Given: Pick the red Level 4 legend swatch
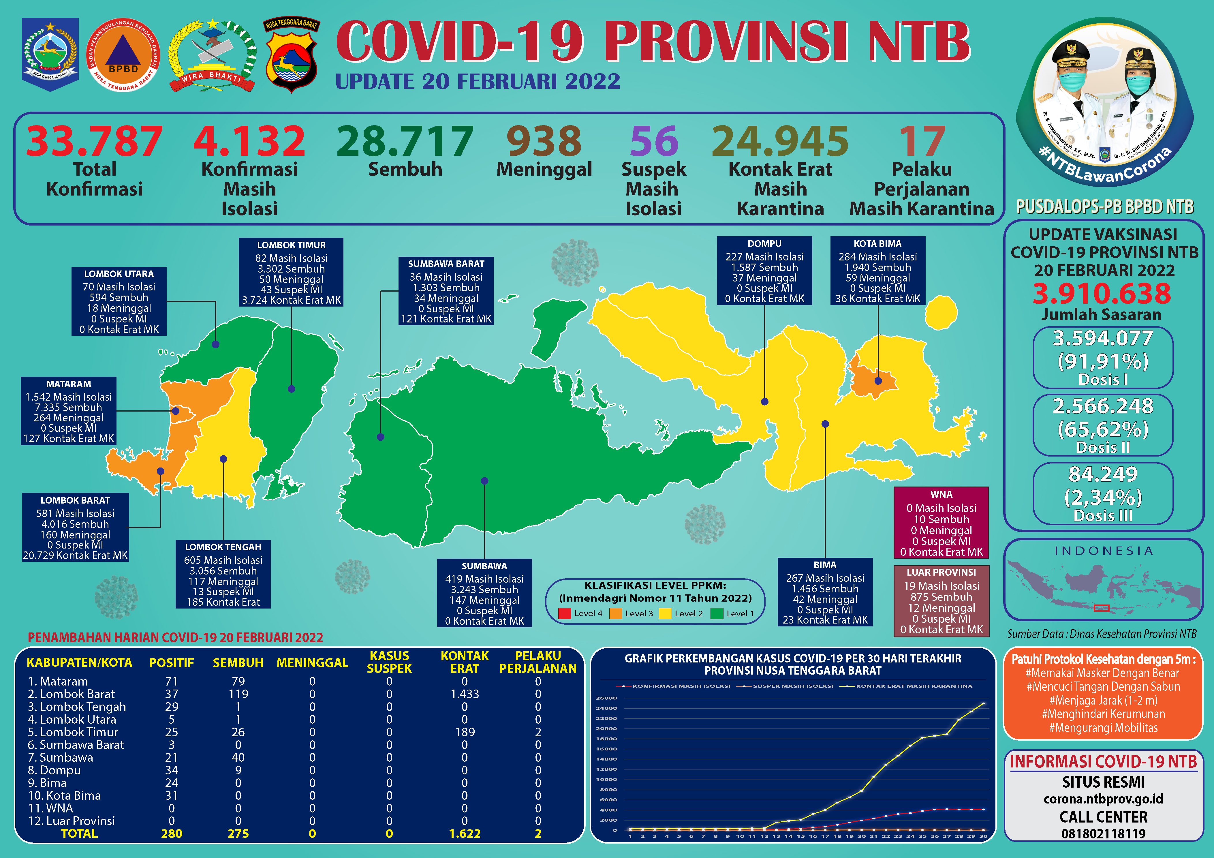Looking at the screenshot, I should click(x=565, y=614).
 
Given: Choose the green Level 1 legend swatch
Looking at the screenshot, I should click(x=717, y=614).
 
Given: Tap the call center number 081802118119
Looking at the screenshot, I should click(x=1103, y=834).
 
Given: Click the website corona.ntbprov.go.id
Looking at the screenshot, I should click(x=1103, y=799).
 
